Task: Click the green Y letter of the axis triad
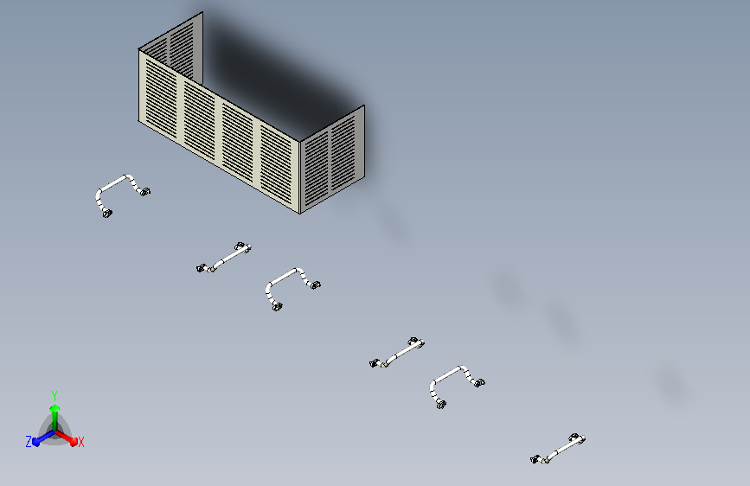pyautogui.click(x=54, y=395)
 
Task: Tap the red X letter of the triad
pyautogui.click(x=80, y=442)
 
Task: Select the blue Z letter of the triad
pyautogui.click(x=29, y=442)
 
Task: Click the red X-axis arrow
pyautogui.click(x=66, y=438)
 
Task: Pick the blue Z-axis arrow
pyautogui.click(x=43, y=438)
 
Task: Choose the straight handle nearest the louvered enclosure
pyautogui.click(x=224, y=258)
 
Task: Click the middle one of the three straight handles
pyautogui.click(x=397, y=353)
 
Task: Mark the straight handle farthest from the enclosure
pyautogui.click(x=558, y=449)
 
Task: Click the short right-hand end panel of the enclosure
pyautogui.click(x=332, y=159)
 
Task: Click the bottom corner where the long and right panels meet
pyautogui.click(x=300, y=214)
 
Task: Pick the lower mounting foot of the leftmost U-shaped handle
pyautogui.click(x=107, y=214)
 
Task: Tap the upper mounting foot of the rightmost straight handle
pyautogui.click(x=576, y=438)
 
